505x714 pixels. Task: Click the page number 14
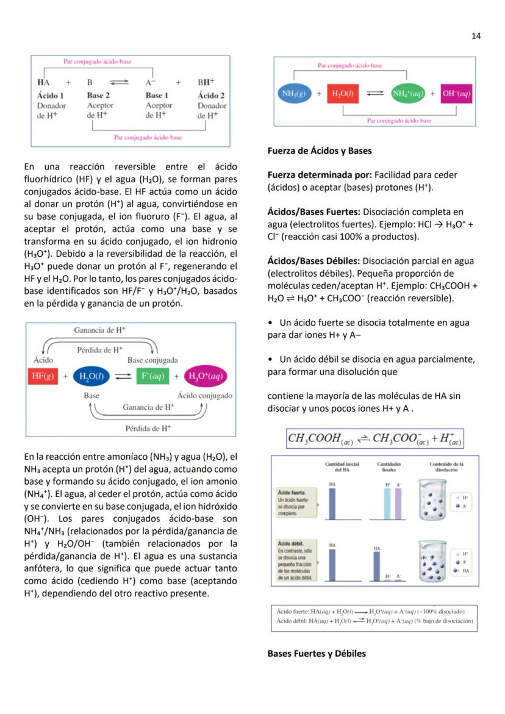point(476,36)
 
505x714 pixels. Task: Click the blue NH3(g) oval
point(295,93)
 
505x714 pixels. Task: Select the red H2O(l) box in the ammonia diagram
point(345,93)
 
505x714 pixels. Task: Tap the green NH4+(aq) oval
point(408,93)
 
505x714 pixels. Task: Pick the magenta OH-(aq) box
point(456,93)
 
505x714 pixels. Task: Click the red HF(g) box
point(44,376)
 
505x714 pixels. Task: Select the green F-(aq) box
point(152,376)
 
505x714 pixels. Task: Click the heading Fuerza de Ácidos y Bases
point(319,151)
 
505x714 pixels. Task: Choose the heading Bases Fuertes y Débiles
point(317,654)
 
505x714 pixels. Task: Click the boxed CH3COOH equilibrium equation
point(374,438)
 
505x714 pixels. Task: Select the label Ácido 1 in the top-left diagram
point(50,96)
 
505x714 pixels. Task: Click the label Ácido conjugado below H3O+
point(204,396)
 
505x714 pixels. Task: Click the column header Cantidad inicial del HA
point(342,467)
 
